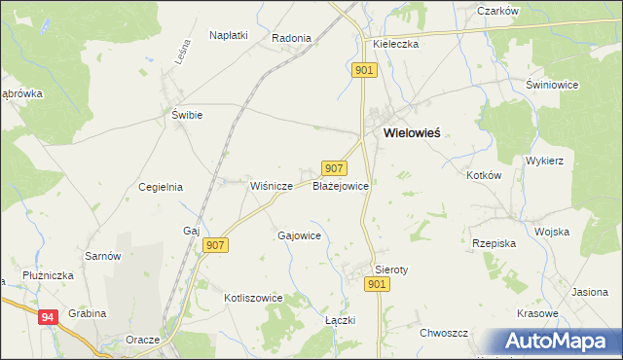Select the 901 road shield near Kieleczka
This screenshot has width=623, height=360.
tap(363, 70)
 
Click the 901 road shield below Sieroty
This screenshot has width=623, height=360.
tap(379, 283)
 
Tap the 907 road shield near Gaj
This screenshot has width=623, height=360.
tap(216, 246)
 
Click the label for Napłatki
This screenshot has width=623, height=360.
tap(229, 35)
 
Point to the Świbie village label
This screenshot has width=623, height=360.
tap(186, 115)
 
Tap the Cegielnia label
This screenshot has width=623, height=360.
tap(161, 187)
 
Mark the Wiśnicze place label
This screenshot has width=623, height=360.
tap(272, 185)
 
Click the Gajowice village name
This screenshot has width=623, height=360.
tap(300, 235)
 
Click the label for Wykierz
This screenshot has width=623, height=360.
tap(545, 160)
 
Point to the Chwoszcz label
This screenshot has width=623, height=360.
tap(444, 333)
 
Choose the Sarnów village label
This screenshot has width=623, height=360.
tap(103, 256)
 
